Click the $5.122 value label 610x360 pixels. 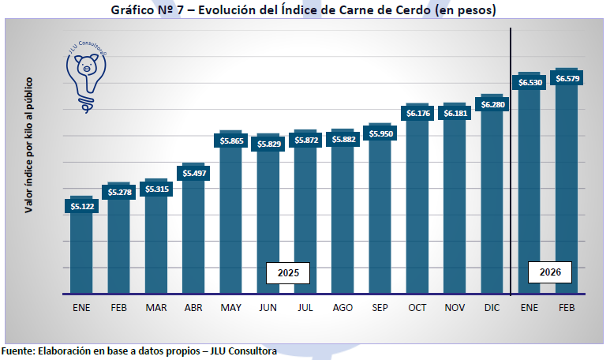tap(81, 206)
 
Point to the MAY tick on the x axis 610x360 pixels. tap(231, 308)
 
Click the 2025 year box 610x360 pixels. tap(287, 272)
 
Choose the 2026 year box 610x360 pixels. tap(550, 272)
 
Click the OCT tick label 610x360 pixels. tap(417, 308)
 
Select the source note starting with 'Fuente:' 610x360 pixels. tap(139, 350)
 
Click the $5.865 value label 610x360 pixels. tap(231, 141)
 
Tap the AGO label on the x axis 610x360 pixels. tap(342, 308)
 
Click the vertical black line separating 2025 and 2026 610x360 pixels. tap(511, 158)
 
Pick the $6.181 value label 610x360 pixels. tap(455, 114)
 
